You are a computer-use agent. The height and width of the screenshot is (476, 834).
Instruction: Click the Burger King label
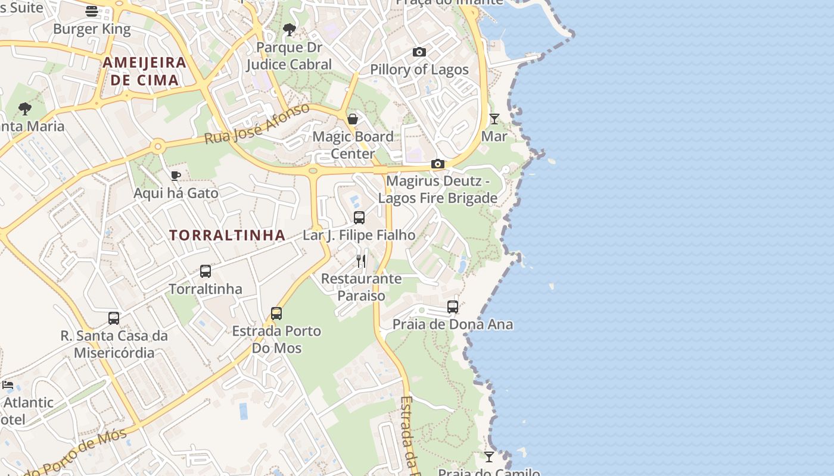click(x=92, y=29)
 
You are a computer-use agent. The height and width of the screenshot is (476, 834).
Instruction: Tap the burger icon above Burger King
click(x=91, y=11)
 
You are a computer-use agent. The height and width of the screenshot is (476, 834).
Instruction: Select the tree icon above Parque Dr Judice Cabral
click(x=290, y=29)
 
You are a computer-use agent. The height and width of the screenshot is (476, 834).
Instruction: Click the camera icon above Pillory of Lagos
click(x=419, y=52)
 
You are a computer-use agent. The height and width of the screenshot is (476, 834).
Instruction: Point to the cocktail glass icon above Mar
click(x=494, y=118)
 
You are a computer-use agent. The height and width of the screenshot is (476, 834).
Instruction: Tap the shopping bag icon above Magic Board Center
click(x=353, y=119)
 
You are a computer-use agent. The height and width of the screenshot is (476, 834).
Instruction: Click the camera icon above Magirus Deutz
click(x=438, y=164)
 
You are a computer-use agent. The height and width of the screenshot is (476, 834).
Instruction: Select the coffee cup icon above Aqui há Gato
click(x=175, y=176)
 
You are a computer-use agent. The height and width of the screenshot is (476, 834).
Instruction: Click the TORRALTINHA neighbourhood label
click(x=228, y=235)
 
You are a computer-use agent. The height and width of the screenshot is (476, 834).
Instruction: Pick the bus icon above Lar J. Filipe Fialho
click(x=359, y=217)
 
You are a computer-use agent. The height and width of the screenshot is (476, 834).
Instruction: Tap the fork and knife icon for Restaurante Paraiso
click(x=361, y=261)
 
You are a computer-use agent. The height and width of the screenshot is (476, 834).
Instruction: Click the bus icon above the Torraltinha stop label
click(x=206, y=271)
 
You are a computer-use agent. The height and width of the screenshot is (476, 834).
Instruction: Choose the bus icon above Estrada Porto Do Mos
click(x=276, y=313)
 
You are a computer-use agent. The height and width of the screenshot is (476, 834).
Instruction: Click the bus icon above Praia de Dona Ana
click(x=453, y=307)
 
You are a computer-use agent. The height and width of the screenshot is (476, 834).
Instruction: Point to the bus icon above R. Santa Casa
click(x=114, y=318)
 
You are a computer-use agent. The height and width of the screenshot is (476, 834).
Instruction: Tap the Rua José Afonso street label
click(x=257, y=124)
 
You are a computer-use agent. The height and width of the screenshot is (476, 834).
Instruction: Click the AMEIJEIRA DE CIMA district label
click(x=144, y=71)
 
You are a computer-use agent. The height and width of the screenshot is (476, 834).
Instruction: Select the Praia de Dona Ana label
click(x=453, y=325)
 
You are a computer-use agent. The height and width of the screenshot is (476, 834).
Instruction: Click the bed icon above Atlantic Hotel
click(x=8, y=385)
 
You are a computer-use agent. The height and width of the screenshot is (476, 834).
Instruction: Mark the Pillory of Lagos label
click(x=419, y=70)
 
